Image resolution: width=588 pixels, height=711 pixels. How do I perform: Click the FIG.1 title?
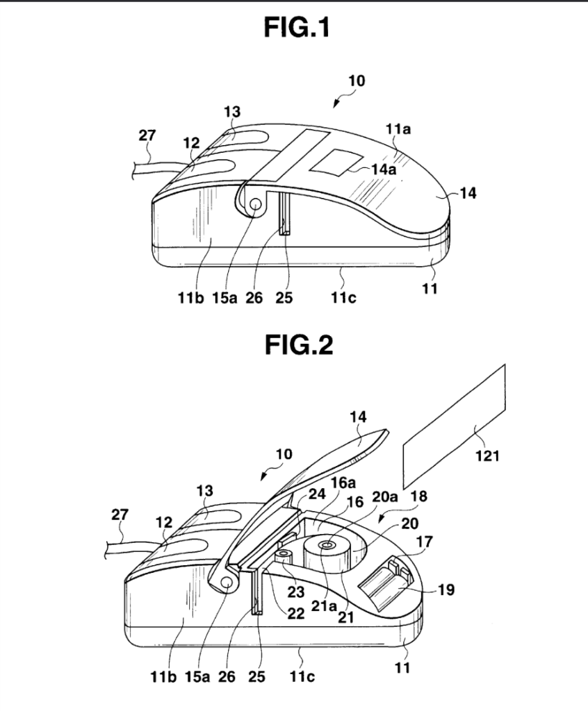coord(297,28)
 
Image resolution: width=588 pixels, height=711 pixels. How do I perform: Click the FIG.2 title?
coord(299,345)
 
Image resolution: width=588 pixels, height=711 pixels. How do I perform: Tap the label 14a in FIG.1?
coord(384,169)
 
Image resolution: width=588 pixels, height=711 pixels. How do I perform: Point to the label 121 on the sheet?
coord(487,455)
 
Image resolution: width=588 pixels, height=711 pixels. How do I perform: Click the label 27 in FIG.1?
coord(147,135)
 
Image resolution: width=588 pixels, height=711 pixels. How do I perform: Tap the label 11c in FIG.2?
coord(302,676)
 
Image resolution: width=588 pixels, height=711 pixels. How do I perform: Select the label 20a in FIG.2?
coord(384,497)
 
